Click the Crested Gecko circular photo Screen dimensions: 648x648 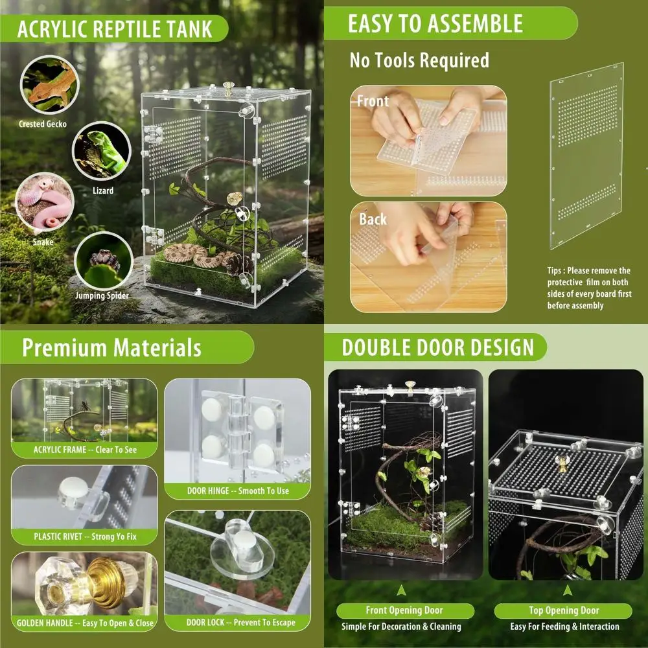(49, 83)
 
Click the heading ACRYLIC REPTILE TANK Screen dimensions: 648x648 (114, 29)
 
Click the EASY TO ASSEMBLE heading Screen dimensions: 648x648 (435, 24)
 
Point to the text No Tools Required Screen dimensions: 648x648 (419, 61)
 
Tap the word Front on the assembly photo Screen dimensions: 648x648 (373, 101)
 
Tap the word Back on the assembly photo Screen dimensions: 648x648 (373, 219)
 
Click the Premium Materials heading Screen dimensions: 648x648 (111, 347)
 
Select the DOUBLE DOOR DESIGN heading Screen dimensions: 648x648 (438, 347)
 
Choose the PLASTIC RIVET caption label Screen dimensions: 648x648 (85, 537)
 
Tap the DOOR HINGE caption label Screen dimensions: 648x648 (238, 491)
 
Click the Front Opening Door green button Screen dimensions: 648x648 (404, 610)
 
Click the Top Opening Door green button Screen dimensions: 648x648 (562, 610)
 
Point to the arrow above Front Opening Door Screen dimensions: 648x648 (402, 590)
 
